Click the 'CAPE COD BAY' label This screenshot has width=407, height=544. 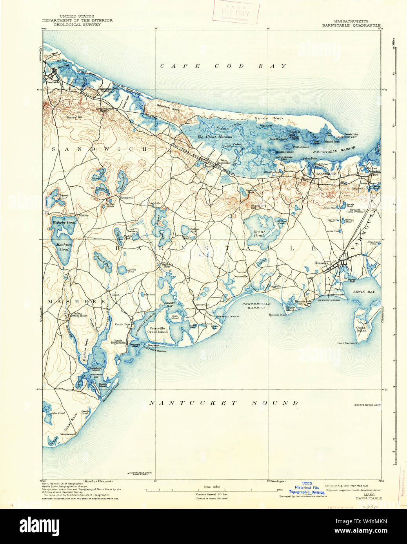coord(223,66)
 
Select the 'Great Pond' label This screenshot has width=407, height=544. coord(259,233)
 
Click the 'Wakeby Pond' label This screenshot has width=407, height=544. coord(64,222)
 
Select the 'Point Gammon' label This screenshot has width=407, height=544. coord(347,343)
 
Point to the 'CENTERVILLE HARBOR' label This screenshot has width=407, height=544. coord(256,306)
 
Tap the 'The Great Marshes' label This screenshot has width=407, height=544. coord(214,137)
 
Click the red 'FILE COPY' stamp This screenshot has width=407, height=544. coord(236,12)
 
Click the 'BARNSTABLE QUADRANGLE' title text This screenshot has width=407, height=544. coord(351,25)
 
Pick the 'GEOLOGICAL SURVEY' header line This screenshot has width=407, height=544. coord(77,25)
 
